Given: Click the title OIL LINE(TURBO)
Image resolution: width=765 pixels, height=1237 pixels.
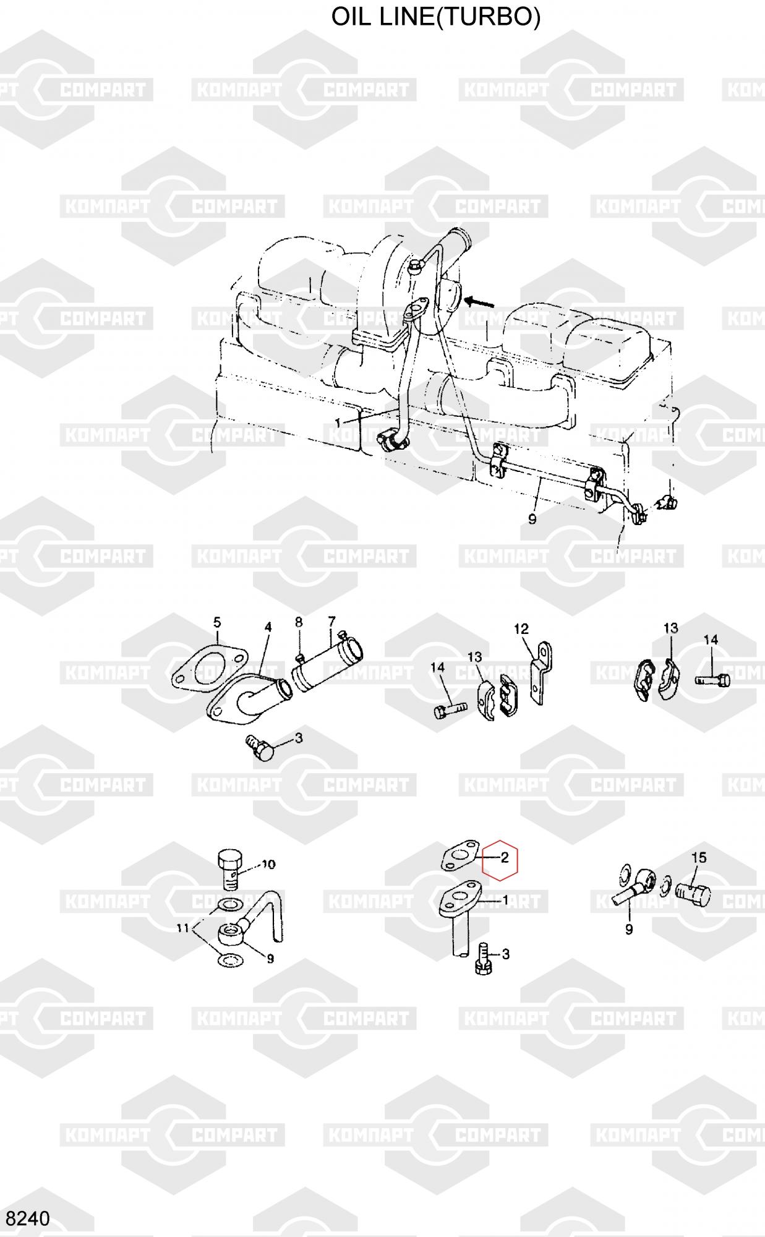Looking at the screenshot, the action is (436, 17).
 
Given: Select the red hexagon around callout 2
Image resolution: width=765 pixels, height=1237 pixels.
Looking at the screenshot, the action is (500, 860).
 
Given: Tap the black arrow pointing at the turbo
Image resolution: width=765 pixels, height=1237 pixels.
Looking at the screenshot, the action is (481, 302).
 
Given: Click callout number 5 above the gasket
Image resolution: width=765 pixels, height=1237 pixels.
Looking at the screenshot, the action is (217, 622).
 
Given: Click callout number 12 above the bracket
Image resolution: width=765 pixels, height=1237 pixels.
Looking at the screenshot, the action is (521, 629).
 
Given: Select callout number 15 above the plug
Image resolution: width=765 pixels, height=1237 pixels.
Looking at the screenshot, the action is (699, 858).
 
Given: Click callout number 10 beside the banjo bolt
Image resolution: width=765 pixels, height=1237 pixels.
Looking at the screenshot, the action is (268, 864).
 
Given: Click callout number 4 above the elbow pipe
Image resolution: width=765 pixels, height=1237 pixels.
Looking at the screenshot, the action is (268, 627).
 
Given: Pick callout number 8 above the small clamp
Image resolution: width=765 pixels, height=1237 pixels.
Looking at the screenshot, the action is (299, 622).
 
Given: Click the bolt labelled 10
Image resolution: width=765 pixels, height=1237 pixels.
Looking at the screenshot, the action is (230, 869).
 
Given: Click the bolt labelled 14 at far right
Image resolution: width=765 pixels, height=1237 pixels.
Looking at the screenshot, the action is (712, 680).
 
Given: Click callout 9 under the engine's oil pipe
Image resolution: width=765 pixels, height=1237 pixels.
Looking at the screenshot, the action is (532, 518).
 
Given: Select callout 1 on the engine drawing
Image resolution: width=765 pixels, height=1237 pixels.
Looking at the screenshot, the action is (338, 422).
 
